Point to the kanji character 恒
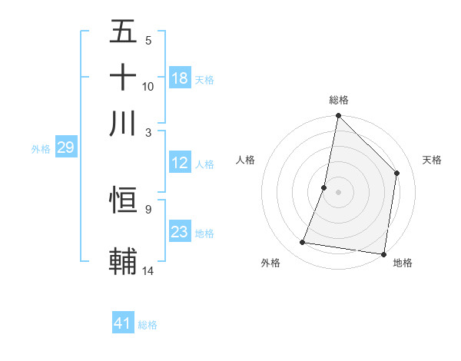(x=123, y=200)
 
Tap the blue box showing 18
(x=180, y=78)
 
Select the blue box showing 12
(x=180, y=163)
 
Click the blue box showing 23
(x=180, y=232)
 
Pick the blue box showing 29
(x=65, y=147)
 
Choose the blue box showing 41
(x=123, y=323)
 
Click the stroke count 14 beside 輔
(x=148, y=270)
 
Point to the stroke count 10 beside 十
(x=148, y=86)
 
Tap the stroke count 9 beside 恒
(x=148, y=208)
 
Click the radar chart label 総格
(x=339, y=100)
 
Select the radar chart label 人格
(x=246, y=160)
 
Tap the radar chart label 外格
(x=270, y=263)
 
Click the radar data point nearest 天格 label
(x=397, y=173)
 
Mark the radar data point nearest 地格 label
(x=383, y=253)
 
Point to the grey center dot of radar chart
(x=338, y=191)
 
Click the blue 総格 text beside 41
(x=148, y=325)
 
